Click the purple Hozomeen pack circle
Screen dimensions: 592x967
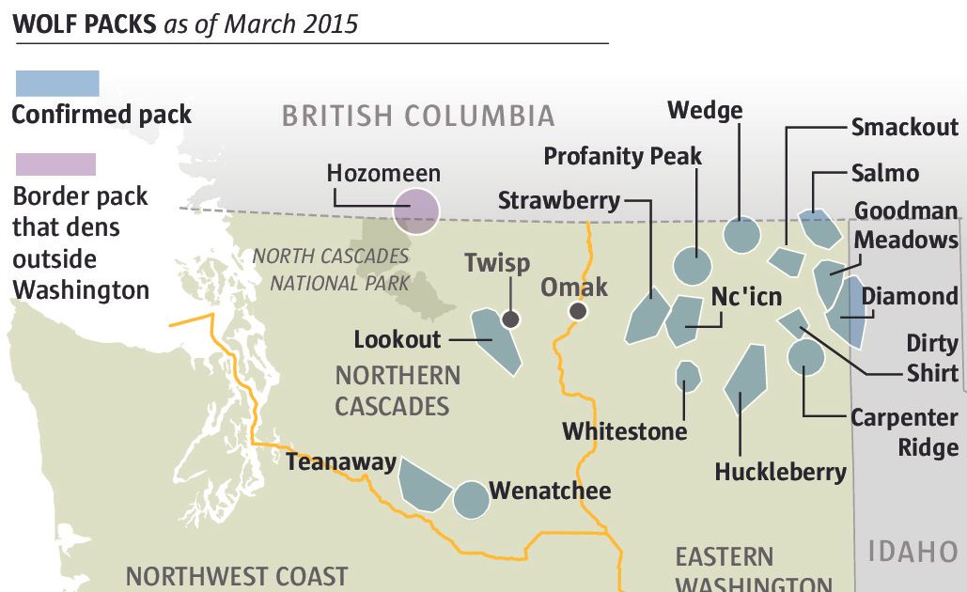click(x=415, y=210)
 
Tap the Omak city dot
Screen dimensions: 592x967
click(x=577, y=312)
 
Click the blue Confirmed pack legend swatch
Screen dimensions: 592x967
click(x=57, y=83)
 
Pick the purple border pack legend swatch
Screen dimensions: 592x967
click(x=55, y=164)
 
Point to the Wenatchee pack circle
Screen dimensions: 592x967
click(x=471, y=500)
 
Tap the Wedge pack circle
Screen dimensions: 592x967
click(x=741, y=234)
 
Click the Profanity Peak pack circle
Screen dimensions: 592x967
click(x=693, y=267)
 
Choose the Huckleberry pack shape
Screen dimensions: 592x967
click(x=746, y=378)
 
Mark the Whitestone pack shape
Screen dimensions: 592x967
click(x=688, y=377)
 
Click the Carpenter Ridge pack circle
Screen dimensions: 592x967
click(x=805, y=357)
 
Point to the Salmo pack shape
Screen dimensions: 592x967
click(x=819, y=228)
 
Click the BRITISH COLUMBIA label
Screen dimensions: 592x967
click(x=418, y=116)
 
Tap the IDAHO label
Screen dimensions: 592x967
click(x=912, y=552)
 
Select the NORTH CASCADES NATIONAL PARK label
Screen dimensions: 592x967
click(x=330, y=269)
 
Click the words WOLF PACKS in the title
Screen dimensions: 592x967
click(x=84, y=23)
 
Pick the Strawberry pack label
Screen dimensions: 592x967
click(x=558, y=199)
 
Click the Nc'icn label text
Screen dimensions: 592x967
click(x=746, y=296)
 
